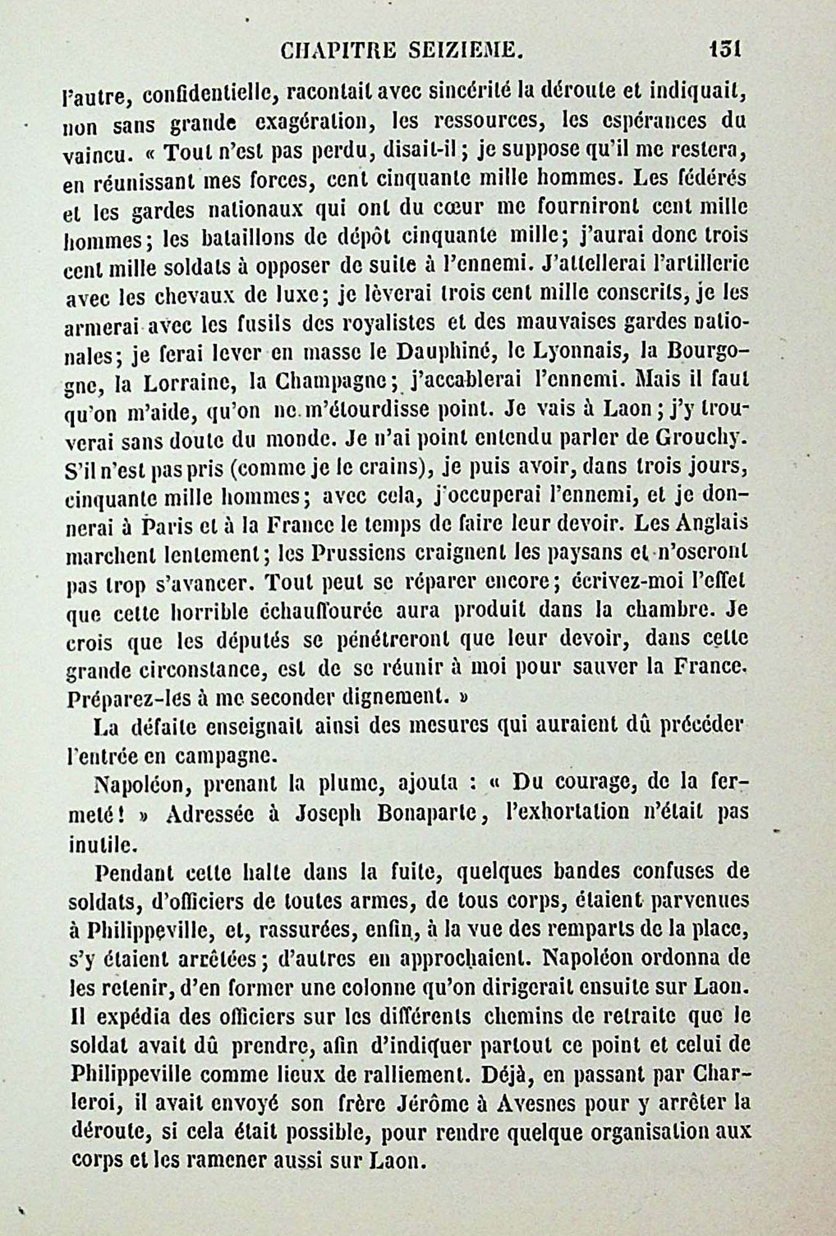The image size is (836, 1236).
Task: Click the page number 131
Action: (x=725, y=49)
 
